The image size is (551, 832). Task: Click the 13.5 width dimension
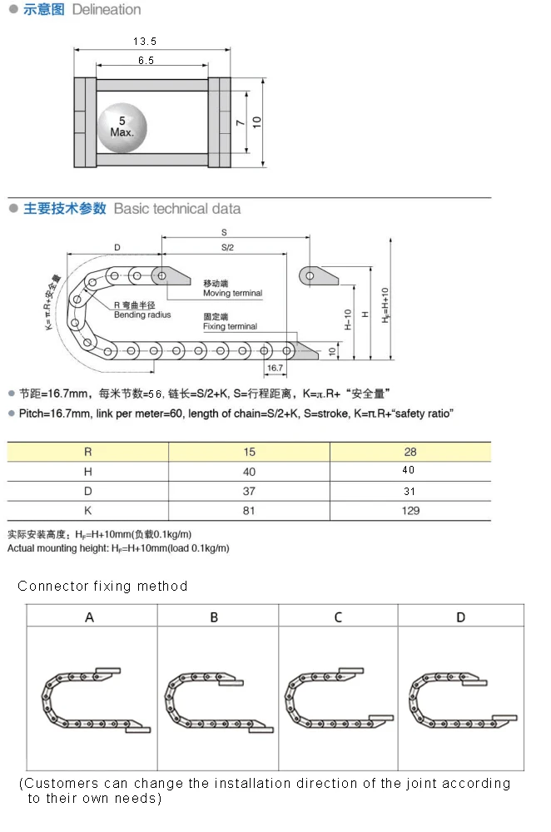click(145, 41)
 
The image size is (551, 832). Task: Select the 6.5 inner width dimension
click(146, 61)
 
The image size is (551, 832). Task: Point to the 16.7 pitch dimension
click(275, 367)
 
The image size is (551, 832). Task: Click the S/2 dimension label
click(227, 248)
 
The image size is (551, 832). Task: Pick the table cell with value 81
click(249, 510)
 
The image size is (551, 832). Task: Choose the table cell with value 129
click(410, 510)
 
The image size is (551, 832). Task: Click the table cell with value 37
click(249, 491)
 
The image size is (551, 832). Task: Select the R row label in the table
click(88, 452)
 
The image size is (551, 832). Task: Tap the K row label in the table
click(88, 510)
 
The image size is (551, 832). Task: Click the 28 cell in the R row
click(410, 452)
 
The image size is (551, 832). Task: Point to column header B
click(214, 617)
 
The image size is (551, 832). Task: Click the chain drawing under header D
click(460, 696)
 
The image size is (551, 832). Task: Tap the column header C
click(338, 617)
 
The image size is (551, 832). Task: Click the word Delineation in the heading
click(107, 10)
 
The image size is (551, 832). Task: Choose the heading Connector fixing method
click(102, 586)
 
